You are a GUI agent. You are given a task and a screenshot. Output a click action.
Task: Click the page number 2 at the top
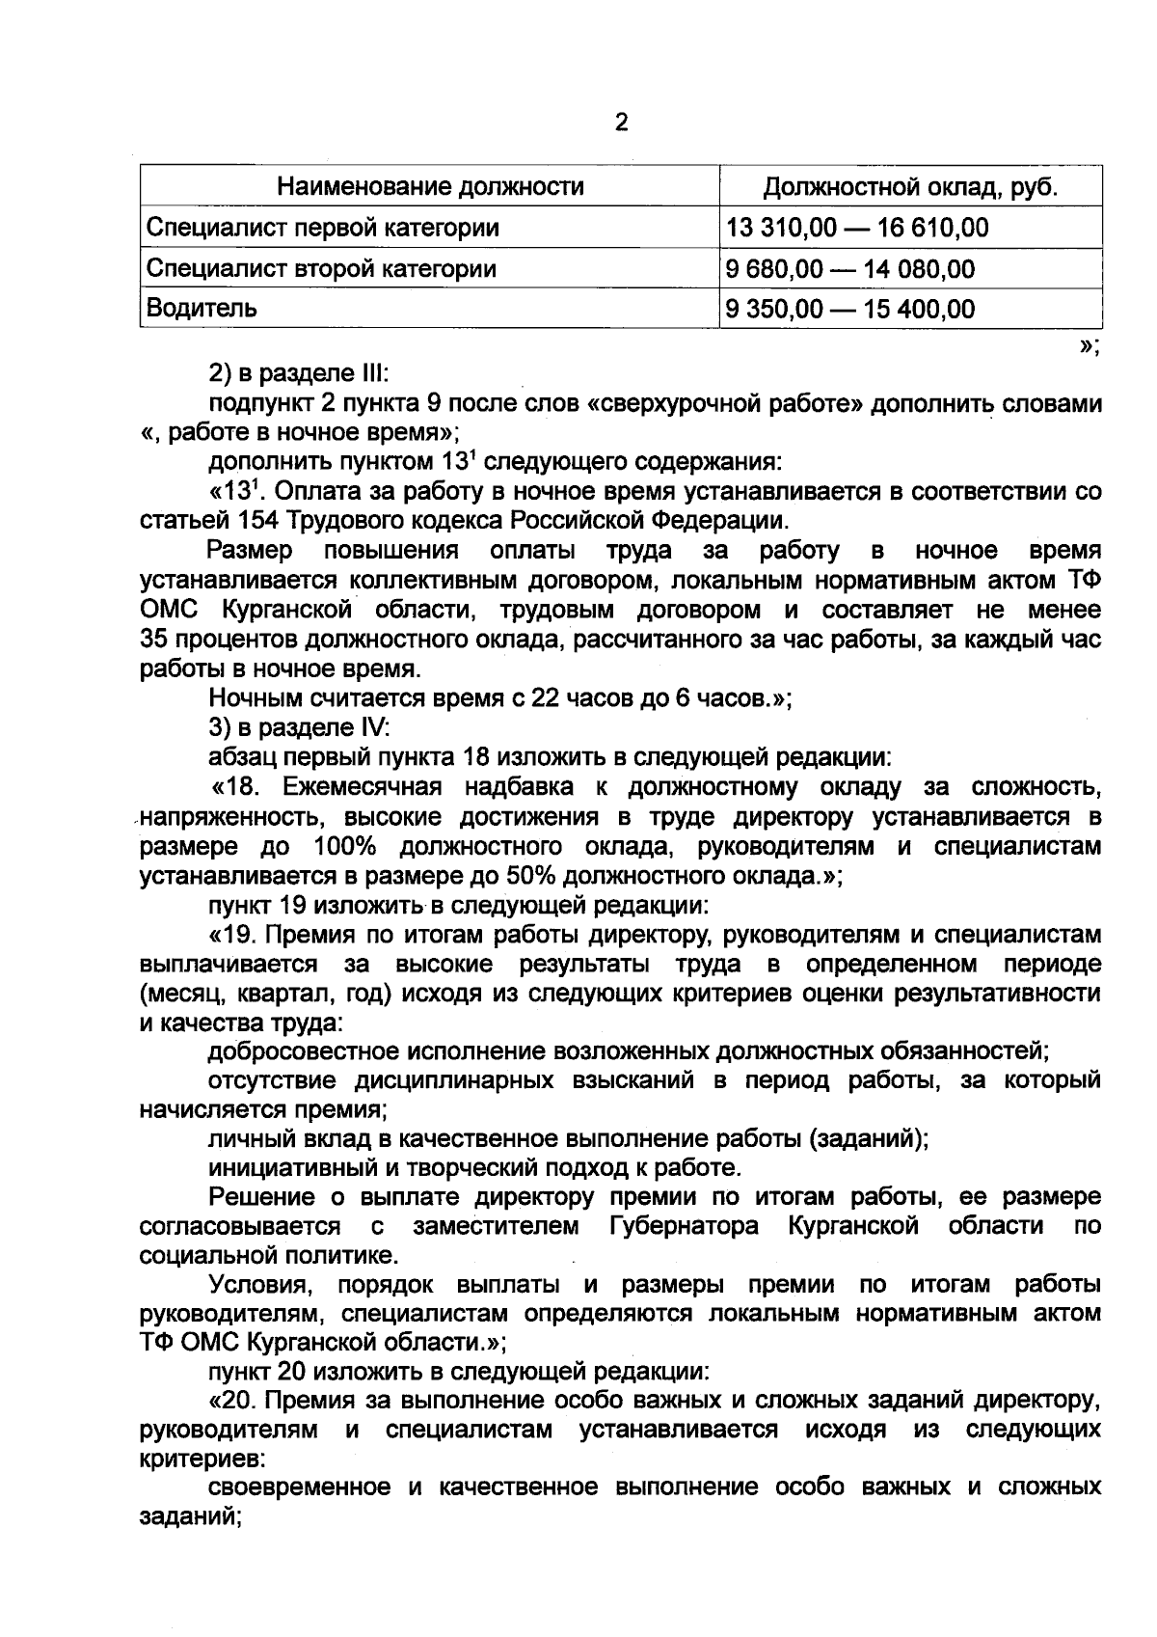pos(621,123)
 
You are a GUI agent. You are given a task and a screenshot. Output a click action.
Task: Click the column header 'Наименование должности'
pos(430,186)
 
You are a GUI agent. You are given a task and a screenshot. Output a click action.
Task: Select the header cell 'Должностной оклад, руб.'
pos(910,186)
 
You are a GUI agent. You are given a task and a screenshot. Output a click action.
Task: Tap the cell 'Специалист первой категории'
pos(323,228)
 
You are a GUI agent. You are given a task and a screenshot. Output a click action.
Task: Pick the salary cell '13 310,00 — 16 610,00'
pos(858,228)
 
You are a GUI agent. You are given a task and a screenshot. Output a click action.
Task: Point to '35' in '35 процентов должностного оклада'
pos(154,640)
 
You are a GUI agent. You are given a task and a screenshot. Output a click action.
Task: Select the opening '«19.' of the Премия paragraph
pos(229,935)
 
